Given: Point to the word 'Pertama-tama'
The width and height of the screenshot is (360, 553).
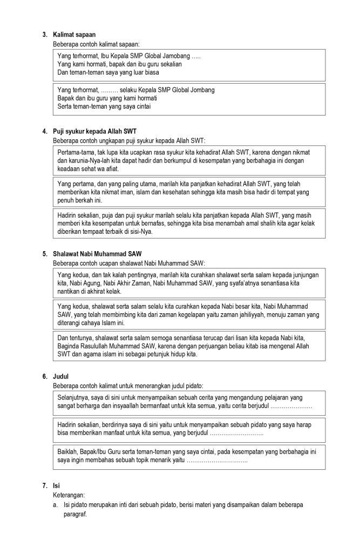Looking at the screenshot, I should coord(74,152).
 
